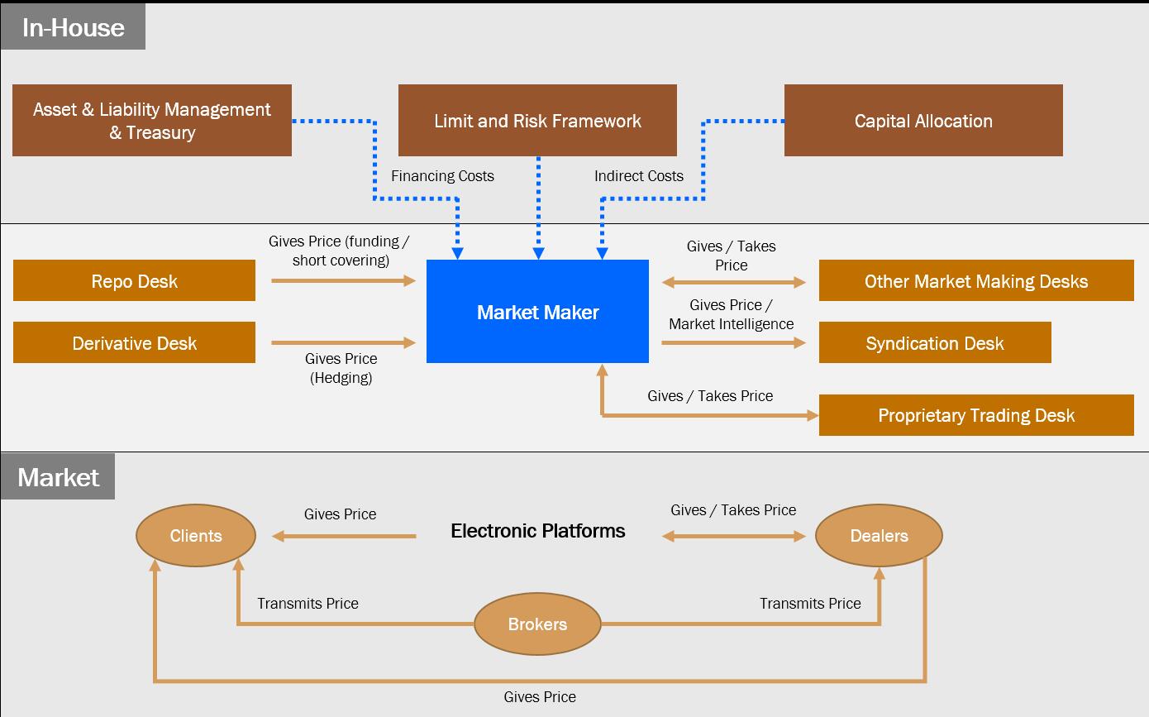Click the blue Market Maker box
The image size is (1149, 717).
click(x=537, y=312)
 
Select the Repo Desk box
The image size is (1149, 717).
click(x=134, y=281)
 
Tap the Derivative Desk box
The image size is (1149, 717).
click(x=134, y=343)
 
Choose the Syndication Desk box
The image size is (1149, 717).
click(x=935, y=343)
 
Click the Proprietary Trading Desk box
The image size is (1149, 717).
click(x=976, y=415)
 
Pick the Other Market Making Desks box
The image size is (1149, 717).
click(x=976, y=281)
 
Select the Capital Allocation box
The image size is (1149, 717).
click(x=923, y=121)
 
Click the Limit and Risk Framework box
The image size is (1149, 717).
click(x=537, y=121)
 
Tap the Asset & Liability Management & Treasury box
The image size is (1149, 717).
click(x=152, y=121)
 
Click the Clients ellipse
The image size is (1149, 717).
click(x=196, y=536)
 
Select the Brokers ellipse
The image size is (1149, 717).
click(x=537, y=624)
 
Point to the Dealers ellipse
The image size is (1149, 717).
click(x=879, y=536)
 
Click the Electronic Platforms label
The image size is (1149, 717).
click(x=537, y=531)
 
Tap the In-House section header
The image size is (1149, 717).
click(x=73, y=27)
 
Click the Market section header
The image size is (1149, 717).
click(x=58, y=477)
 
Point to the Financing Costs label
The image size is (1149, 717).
click(x=442, y=176)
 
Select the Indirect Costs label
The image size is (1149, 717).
click(x=639, y=176)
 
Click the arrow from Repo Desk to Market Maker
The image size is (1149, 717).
click(x=343, y=281)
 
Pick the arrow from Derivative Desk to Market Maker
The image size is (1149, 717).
click(x=343, y=342)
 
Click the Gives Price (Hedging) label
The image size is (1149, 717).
click(x=341, y=368)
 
